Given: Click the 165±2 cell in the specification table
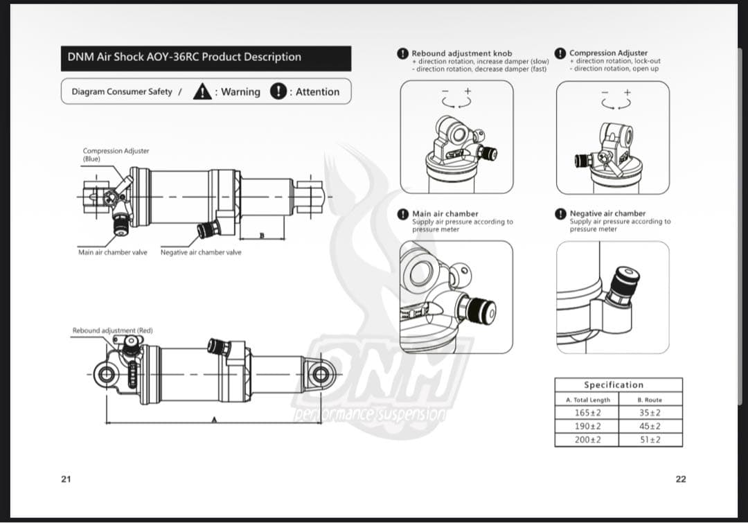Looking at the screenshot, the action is click(x=587, y=413).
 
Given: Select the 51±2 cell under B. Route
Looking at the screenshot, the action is click(x=650, y=439).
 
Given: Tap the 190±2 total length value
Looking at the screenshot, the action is click(x=587, y=426).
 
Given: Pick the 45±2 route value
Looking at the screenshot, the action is click(x=650, y=426).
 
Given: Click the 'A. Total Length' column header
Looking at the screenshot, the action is click(x=588, y=400).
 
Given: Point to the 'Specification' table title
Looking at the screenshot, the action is click(x=614, y=384).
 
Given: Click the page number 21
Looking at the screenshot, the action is click(x=66, y=479).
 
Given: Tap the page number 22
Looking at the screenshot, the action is click(x=681, y=479).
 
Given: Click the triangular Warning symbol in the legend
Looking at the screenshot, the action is click(x=202, y=91).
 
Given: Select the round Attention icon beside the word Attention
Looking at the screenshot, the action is click(x=278, y=91).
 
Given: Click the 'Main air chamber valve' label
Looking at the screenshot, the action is click(x=113, y=252).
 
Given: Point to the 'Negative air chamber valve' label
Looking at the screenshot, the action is click(x=201, y=252).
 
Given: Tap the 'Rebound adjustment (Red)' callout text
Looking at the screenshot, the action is click(x=113, y=330).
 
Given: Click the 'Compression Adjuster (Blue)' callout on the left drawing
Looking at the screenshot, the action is click(x=116, y=154).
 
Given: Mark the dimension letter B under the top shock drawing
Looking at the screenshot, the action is click(x=261, y=236).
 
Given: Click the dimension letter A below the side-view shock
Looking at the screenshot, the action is click(x=214, y=420).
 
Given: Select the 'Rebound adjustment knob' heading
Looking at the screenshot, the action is click(x=462, y=53).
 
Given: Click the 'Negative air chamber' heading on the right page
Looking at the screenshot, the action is click(x=607, y=213).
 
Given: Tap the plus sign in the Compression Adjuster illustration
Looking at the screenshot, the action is click(x=627, y=92).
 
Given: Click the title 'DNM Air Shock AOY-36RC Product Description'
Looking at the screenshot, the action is click(x=184, y=57).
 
